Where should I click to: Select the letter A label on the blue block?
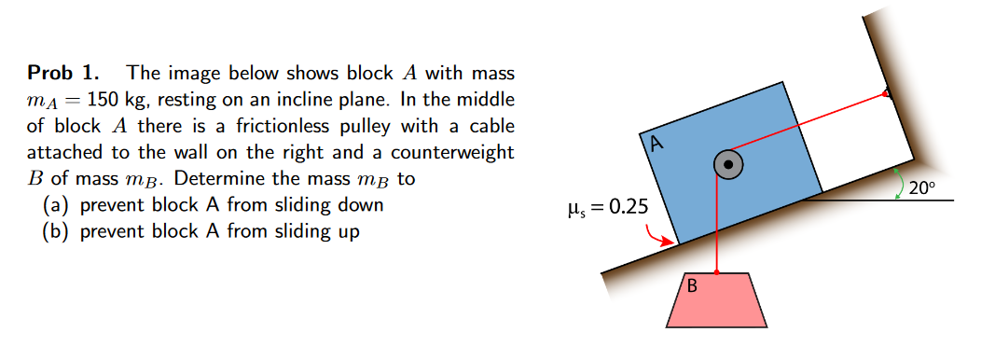pos(656,144)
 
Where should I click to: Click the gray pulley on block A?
pos(728,165)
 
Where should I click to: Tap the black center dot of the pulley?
pos(728,165)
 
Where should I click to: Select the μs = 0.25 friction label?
pos(612,205)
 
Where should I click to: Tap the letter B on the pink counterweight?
pos(692,285)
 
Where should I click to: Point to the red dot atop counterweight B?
pos(716,272)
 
